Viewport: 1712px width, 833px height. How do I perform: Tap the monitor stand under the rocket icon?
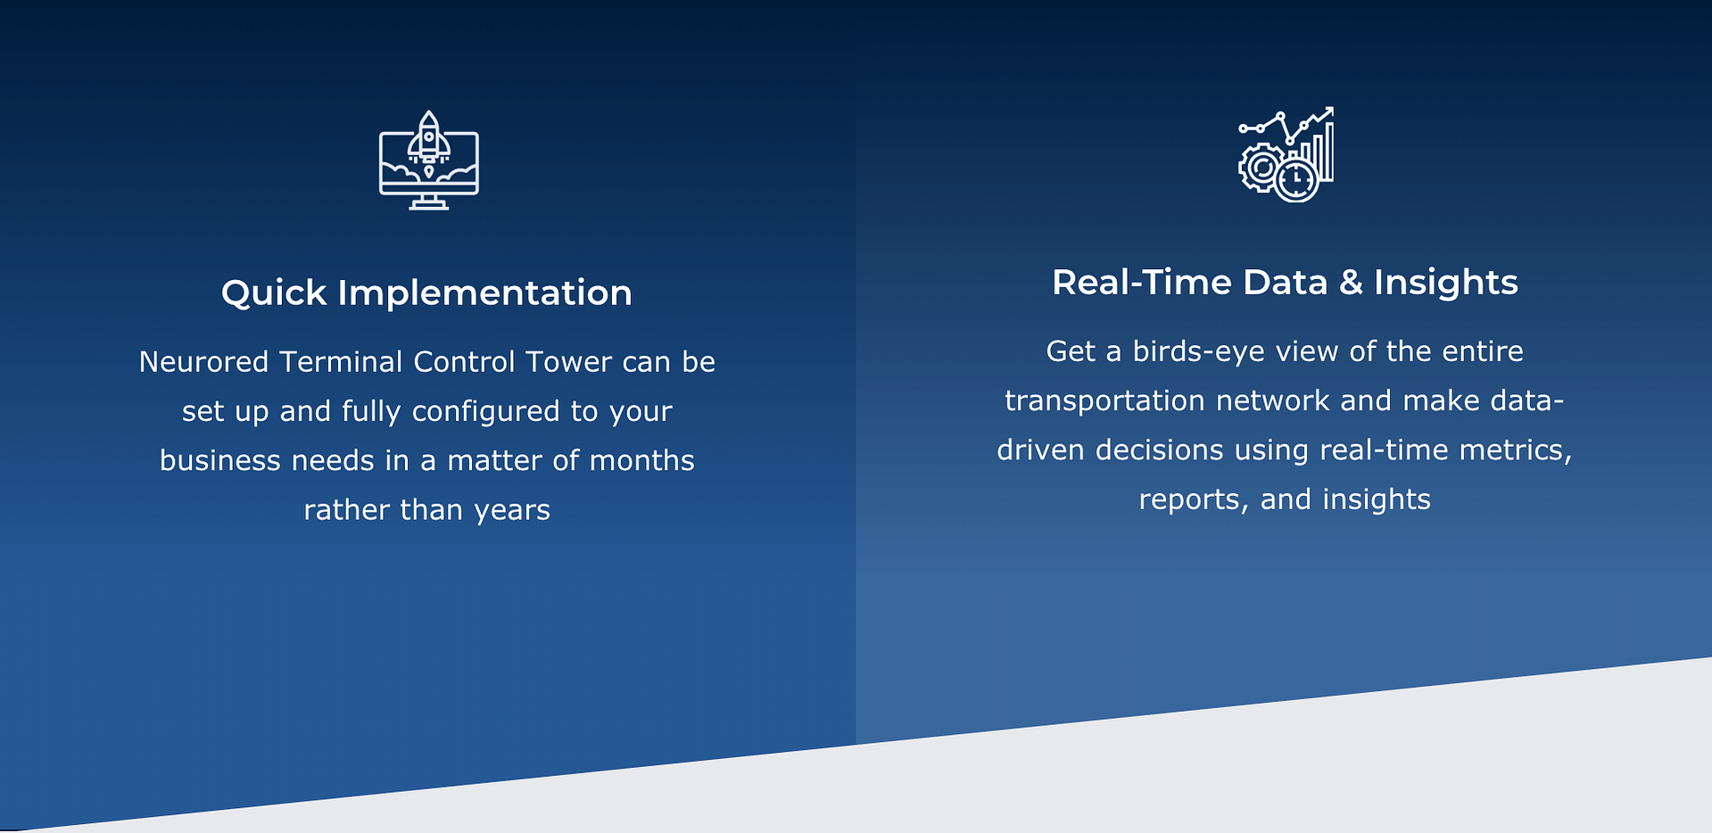[x=429, y=203]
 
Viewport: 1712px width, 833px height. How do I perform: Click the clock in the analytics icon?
[x=1295, y=181]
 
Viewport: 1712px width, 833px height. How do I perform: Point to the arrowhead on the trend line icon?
[x=1328, y=112]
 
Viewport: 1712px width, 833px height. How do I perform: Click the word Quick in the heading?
[x=274, y=293]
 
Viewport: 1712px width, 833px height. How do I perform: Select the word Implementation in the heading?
[x=484, y=293]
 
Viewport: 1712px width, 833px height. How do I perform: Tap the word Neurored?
[x=203, y=361]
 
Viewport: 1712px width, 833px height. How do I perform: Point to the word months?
[x=642, y=460]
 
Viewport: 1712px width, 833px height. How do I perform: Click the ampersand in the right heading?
[x=1351, y=283]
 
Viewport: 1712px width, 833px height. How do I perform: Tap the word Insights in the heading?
[x=1445, y=282]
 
